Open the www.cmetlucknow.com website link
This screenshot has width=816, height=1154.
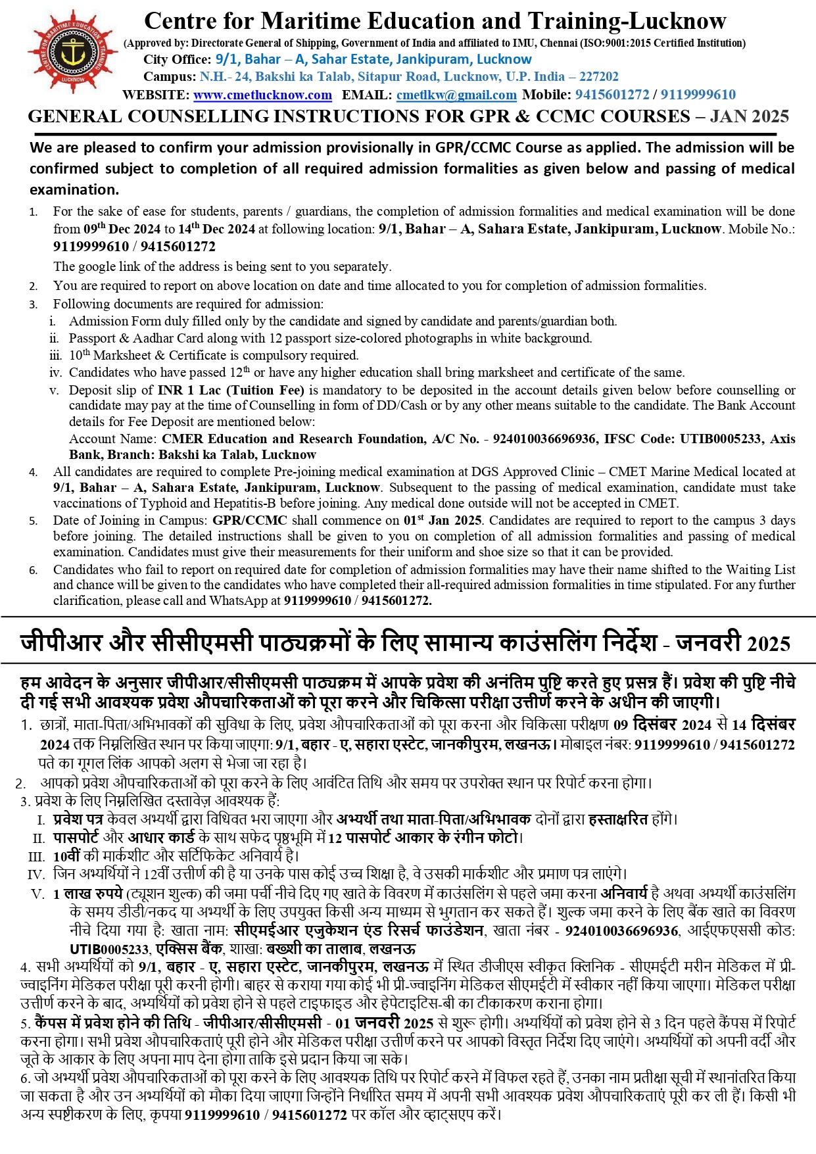pos(262,95)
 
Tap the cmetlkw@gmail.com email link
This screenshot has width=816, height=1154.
pos(456,95)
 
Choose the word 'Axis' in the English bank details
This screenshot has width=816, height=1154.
pos(782,439)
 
